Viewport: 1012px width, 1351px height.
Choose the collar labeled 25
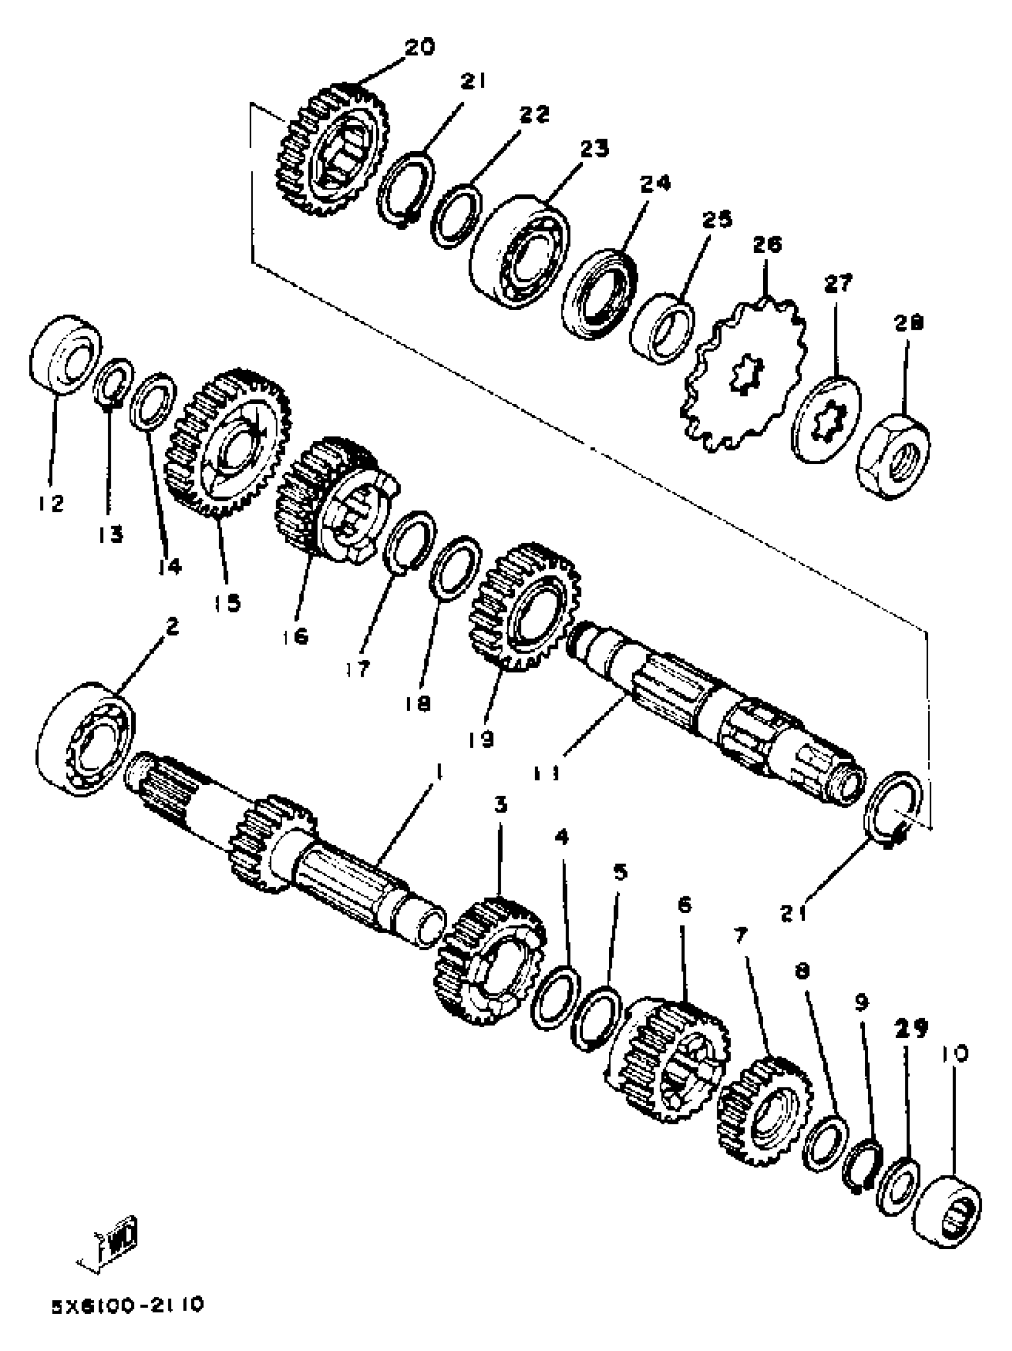[x=662, y=327]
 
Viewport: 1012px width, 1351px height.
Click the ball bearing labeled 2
[x=86, y=739]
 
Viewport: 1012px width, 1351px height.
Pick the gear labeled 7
[x=763, y=1113]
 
